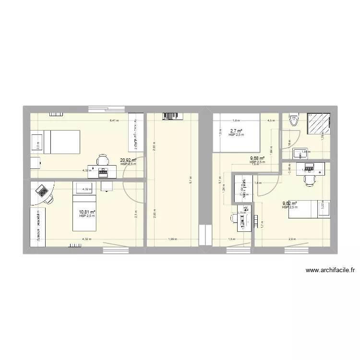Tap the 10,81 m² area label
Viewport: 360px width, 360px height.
coord(87,212)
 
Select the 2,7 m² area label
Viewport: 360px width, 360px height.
coord(236,131)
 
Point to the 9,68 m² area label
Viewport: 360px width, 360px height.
coord(257,158)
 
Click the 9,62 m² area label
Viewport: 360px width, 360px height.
coord(289,203)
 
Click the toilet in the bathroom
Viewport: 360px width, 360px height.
coord(294,120)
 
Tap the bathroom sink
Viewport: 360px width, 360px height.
coord(301,154)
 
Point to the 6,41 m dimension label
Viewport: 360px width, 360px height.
coord(114,121)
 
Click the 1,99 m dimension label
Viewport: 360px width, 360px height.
coord(171,239)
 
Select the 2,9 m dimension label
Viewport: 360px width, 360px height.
coord(292,239)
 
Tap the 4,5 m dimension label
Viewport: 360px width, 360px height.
coord(271,121)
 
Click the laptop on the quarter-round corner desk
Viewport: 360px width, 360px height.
coord(42,192)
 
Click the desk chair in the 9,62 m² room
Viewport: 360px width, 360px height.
coord(307,180)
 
